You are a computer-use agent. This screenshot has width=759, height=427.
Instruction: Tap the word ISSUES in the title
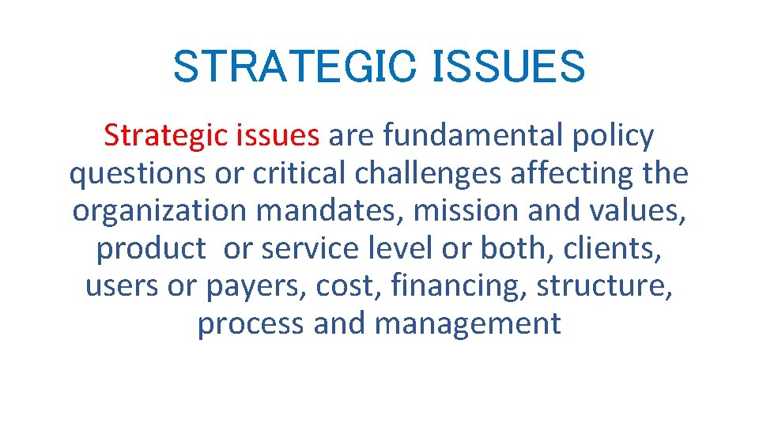(x=510, y=66)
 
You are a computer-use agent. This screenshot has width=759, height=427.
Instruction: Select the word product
(x=151, y=249)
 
